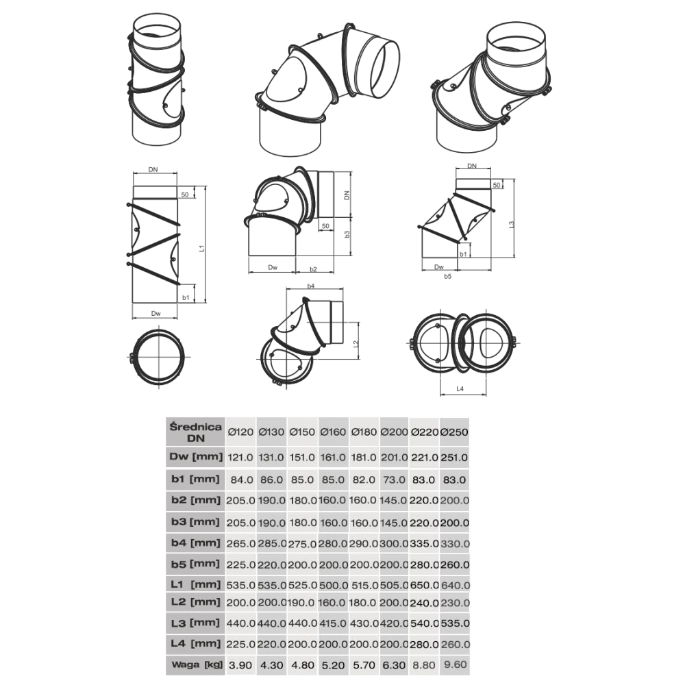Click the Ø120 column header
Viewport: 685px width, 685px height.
240,432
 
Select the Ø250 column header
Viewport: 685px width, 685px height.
454,432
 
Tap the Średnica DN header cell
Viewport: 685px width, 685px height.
196,432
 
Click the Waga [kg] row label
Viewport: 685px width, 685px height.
197,665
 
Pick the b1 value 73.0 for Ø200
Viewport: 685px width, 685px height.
394,480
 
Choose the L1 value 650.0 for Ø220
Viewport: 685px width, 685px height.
424,585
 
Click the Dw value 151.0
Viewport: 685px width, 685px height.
302,458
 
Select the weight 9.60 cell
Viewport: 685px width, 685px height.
456,664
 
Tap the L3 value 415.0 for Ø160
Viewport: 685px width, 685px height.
334,623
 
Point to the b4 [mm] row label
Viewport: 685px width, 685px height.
196,543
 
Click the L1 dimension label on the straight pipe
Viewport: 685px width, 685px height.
202,248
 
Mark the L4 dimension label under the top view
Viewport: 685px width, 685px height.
460,389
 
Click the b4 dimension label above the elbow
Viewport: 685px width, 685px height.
310,286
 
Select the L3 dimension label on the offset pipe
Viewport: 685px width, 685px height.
512,224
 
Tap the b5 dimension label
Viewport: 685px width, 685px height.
447,276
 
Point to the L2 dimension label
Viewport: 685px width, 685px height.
356,344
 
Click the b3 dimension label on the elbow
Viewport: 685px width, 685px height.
347,234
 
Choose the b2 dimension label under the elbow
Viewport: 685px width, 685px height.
313,269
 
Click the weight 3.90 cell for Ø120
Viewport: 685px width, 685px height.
240,665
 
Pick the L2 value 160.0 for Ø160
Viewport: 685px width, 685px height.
334,603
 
